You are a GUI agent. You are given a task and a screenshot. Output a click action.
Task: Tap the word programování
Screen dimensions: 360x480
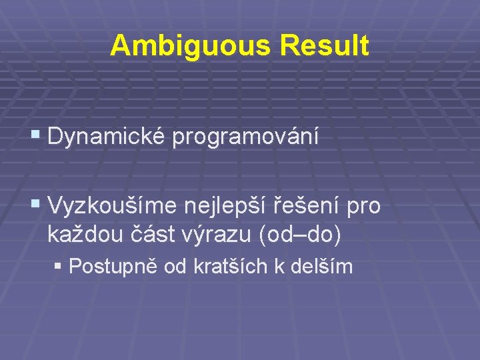245,138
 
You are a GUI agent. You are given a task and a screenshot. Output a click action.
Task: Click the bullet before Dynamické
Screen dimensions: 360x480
36,137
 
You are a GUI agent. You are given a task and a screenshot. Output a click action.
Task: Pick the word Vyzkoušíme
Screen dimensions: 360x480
114,207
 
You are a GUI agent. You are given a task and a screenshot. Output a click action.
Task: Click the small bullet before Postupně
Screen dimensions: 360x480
59,266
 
